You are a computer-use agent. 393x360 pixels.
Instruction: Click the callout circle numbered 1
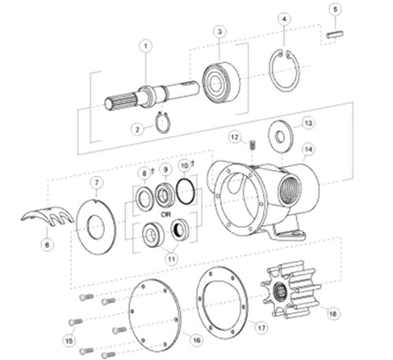145,47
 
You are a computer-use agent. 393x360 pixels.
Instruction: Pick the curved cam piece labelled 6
44,222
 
